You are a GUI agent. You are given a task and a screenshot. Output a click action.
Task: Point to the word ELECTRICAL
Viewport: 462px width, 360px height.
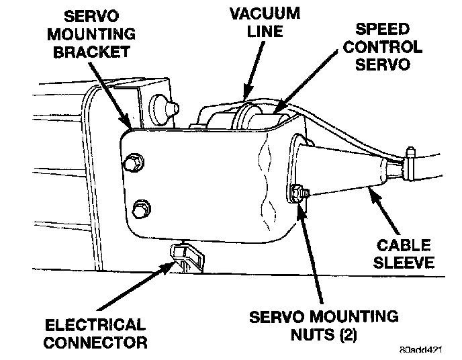[95, 326]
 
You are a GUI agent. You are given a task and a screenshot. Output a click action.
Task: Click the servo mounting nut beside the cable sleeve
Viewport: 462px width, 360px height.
[299, 194]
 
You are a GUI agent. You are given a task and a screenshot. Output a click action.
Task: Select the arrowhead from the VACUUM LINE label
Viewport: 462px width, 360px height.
[247, 94]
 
